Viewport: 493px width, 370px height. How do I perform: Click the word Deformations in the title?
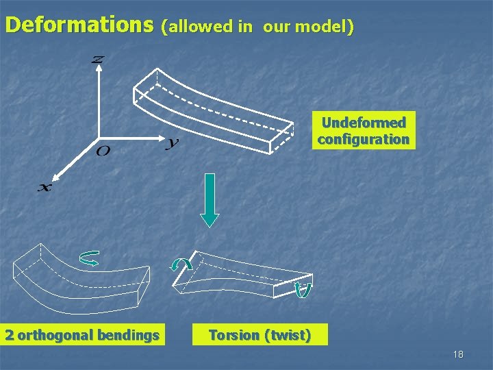coord(79,25)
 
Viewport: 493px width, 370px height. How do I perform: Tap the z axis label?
coord(98,60)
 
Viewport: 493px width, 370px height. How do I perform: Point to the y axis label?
coord(173,143)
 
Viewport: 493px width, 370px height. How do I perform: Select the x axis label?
coord(44,187)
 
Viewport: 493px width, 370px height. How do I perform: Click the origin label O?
coord(103,150)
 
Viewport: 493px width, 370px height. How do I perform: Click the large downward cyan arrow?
coord(210,199)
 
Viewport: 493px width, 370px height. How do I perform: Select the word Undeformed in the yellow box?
coord(364,123)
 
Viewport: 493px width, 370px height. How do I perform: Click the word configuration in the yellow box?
coord(364,139)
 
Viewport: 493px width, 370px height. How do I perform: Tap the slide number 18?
coord(458,354)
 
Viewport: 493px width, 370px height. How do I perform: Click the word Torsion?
coord(233,335)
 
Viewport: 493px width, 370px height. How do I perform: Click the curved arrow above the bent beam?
coord(89,258)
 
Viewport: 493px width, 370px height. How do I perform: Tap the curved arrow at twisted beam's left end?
coord(181,264)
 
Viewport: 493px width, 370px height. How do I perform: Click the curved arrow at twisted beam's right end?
coord(303,290)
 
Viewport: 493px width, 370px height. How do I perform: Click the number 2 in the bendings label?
coord(10,335)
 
